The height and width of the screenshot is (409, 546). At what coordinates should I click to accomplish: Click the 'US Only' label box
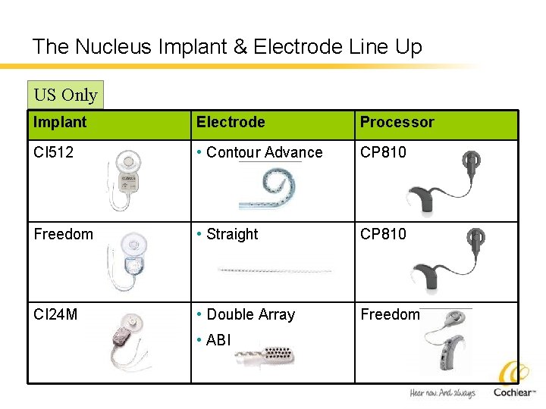point(65,95)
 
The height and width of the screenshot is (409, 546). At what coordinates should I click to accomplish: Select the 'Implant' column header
point(60,122)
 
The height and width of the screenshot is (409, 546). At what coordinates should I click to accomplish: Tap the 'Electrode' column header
point(231,122)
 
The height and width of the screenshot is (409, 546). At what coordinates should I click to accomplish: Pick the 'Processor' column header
point(397,122)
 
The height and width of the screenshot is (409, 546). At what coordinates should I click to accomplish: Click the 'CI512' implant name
point(53,152)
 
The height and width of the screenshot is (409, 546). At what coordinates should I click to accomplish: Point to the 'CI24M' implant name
point(55,314)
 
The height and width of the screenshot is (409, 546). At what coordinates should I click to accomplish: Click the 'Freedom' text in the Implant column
point(63,234)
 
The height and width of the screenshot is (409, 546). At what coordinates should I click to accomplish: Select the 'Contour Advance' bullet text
point(264,152)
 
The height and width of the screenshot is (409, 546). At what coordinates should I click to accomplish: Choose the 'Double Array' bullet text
point(250,314)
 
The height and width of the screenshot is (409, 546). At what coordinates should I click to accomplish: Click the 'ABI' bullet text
point(218,340)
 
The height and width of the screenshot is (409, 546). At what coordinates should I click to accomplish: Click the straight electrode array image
point(274,270)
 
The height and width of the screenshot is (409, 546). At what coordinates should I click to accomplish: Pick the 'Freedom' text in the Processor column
point(390,314)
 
